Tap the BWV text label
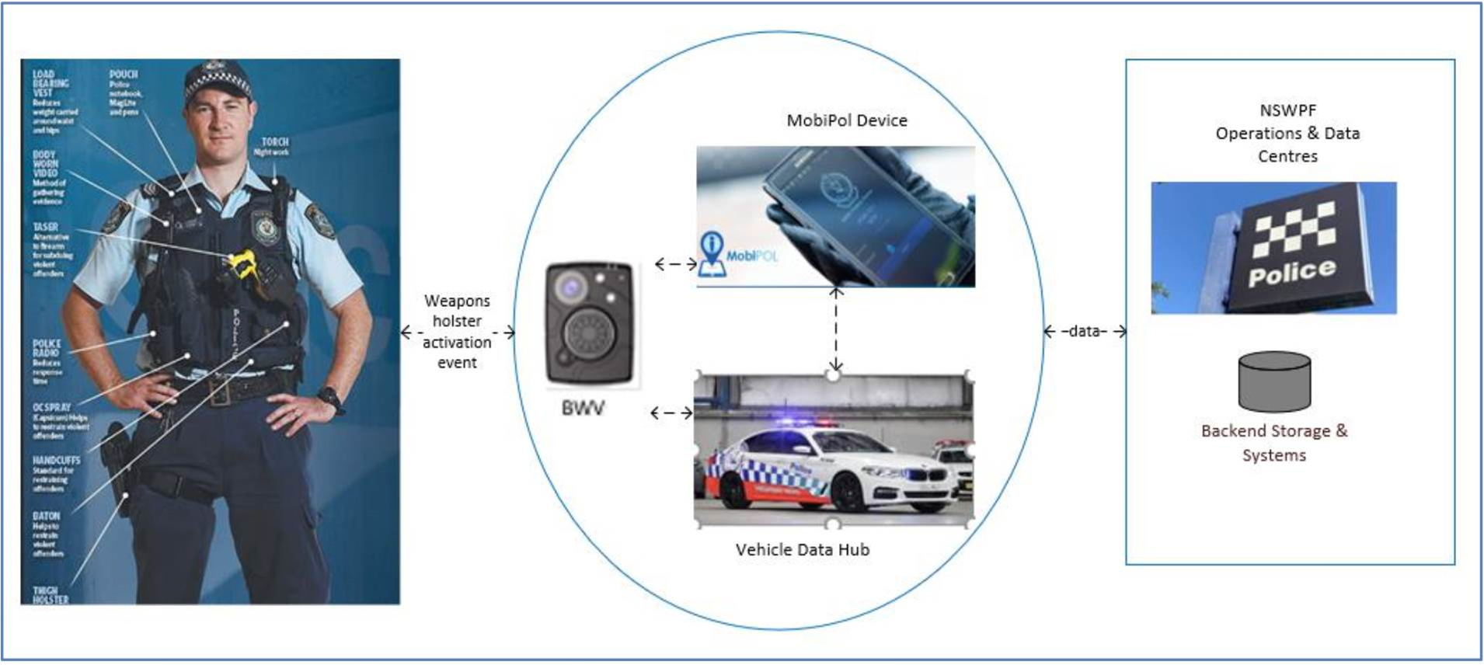582,409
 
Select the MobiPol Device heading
847,120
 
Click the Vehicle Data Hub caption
803,550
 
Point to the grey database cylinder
1274,381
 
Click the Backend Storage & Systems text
1274,443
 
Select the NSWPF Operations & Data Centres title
1287,134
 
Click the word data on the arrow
1085,332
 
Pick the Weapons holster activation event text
457,332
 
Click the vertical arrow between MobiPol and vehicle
836,329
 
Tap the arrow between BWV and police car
671,413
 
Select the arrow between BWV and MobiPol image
675,264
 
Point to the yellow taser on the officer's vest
242,264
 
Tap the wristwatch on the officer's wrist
333,399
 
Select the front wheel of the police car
847,490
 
